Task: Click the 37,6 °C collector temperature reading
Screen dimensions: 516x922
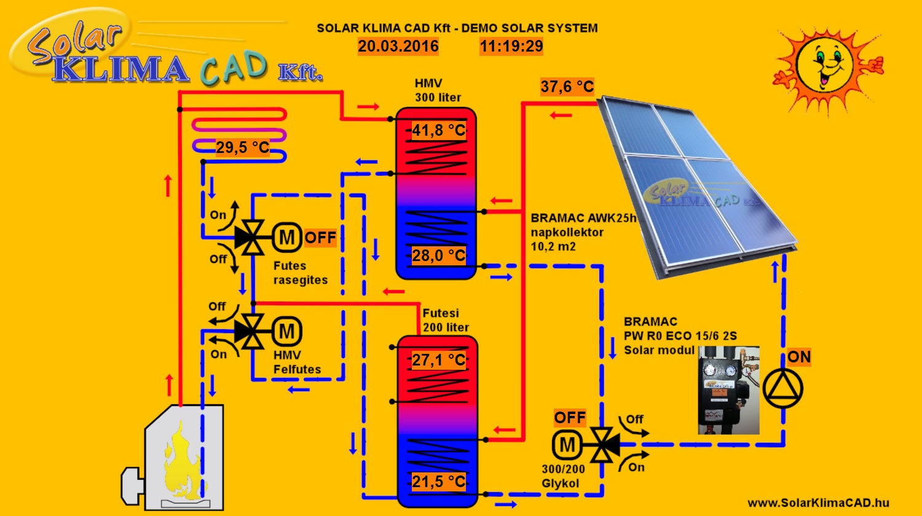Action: tap(567, 87)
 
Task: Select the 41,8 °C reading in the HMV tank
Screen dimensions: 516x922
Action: tap(438, 130)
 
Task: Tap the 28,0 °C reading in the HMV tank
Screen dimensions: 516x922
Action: tap(438, 256)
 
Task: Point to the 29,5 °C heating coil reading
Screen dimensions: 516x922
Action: tap(242, 148)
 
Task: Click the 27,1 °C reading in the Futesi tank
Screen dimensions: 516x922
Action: tap(438, 360)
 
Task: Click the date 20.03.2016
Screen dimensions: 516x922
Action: tap(398, 47)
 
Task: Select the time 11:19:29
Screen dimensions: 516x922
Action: tap(511, 47)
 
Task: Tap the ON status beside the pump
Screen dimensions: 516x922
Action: tap(799, 357)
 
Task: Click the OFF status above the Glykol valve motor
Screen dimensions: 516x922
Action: tap(570, 418)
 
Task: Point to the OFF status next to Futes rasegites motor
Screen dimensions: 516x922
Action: tap(320, 238)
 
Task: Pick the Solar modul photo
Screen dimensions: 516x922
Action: tap(728, 390)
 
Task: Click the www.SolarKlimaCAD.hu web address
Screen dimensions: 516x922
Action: tap(818, 502)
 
